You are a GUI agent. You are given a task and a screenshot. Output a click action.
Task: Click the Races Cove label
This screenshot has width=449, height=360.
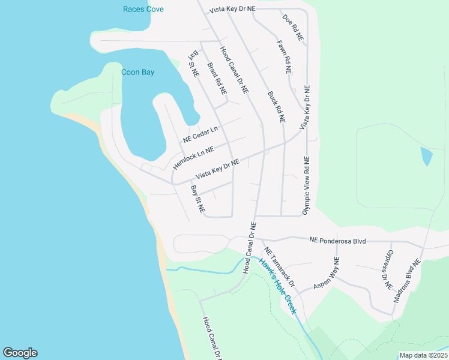[143, 9]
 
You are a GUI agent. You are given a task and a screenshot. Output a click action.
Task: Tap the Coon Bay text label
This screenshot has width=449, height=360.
[137, 72]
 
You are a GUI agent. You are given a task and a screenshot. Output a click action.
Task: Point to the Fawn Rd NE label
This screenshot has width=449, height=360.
[285, 57]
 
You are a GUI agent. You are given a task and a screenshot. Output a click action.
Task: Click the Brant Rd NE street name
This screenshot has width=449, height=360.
[217, 79]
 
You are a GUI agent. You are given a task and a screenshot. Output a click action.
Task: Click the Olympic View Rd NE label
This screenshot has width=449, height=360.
[306, 186]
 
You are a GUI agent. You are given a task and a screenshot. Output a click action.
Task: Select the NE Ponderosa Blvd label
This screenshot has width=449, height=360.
[337, 240]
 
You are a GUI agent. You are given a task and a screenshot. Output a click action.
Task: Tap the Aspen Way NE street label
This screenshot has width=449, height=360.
[326, 274]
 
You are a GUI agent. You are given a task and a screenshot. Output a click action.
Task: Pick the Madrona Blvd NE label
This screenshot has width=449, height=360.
[408, 280]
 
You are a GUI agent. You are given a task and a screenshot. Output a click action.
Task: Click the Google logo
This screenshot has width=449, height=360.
[20, 353]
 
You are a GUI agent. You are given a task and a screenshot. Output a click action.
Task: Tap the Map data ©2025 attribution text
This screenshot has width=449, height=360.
[423, 355]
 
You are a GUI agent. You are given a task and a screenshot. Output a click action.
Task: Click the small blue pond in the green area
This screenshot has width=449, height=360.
[426, 156]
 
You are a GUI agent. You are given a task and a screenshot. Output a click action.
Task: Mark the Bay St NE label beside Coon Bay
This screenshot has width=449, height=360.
[194, 64]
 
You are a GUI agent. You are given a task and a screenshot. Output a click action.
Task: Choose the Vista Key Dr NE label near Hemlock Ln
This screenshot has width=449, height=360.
[217, 169]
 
